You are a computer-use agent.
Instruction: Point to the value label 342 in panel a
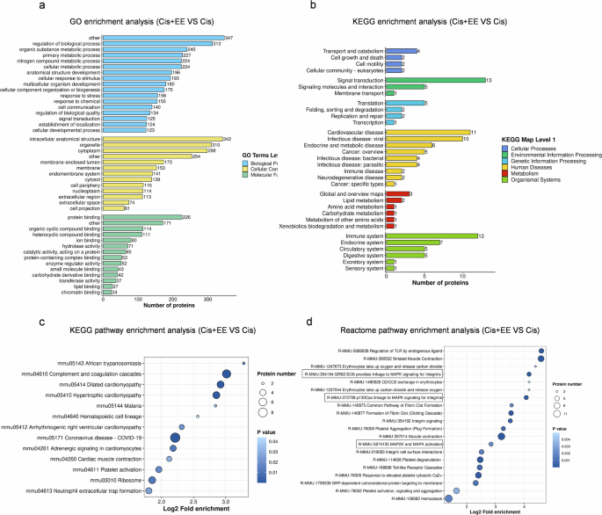(x=228, y=139)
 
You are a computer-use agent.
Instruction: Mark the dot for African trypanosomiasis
(x=243, y=337)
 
